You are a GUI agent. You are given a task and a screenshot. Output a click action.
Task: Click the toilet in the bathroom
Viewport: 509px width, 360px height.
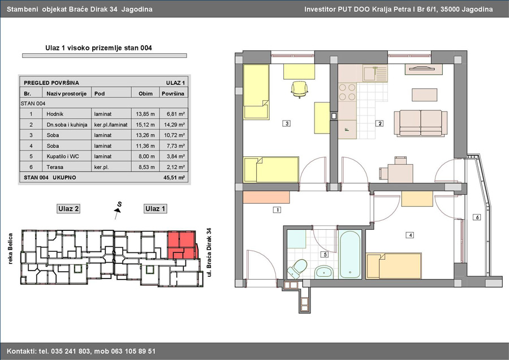point(297,269)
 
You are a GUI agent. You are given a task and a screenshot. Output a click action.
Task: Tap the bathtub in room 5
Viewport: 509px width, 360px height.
point(350,254)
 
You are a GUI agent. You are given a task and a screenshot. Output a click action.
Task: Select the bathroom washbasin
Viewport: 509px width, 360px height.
point(323,272)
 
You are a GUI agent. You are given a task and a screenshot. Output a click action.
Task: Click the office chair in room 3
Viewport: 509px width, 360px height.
point(299,89)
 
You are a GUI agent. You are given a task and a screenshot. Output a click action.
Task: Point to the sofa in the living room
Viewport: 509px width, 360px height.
point(420,123)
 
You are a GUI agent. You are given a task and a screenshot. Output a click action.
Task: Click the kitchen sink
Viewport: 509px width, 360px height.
point(375,74)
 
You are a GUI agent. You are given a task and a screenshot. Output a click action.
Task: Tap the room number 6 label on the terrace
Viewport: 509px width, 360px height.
point(477,217)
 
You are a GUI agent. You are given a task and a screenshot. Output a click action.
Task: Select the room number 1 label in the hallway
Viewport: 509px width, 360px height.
point(277,210)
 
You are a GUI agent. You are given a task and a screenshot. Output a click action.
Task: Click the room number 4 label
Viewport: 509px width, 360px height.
point(410,235)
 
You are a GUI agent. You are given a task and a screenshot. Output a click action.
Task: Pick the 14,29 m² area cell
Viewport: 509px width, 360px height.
point(174,125)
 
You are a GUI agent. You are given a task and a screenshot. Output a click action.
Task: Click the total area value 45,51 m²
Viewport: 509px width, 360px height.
point(174,177)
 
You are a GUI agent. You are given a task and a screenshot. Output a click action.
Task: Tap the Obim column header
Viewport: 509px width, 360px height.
point(145,93)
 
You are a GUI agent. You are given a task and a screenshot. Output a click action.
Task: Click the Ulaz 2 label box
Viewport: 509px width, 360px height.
point(68,209)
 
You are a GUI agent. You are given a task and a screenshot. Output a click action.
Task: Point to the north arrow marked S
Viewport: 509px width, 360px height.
point(118,210)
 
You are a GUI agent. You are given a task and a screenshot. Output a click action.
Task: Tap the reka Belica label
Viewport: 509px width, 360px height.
point(10,248)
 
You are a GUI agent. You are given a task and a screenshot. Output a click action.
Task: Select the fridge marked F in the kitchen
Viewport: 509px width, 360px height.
point(347,130)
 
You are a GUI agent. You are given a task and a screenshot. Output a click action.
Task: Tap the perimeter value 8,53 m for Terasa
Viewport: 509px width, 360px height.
point(145,167)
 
